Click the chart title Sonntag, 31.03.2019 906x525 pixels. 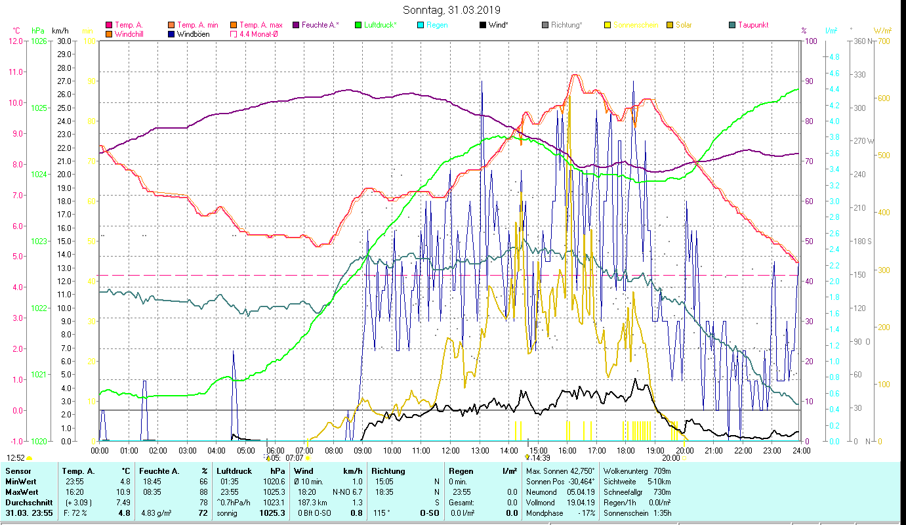click(x=451, y=10)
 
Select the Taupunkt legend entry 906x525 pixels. click(x=752, y=25)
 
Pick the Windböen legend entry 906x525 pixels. click(x=193, y=33)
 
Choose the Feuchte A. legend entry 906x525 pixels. click(x=320, y=25)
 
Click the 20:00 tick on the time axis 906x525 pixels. click(x=684, y=450)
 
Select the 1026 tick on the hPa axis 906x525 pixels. click(x=39, y=41)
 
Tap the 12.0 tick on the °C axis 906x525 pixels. click(x=15, y=41)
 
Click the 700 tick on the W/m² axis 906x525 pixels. click(x=882, y=41)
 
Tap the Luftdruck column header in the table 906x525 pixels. click(x=234, y=471)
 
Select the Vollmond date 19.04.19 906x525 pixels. click(x=581, y=502)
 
